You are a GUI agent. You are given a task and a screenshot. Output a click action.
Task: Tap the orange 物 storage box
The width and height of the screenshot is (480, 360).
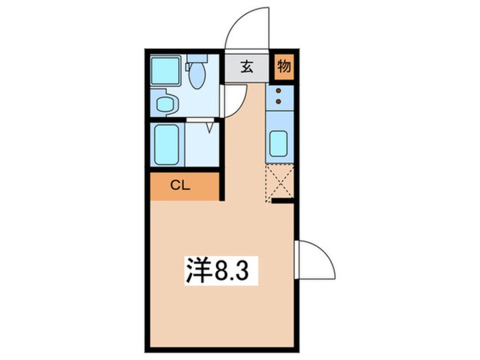coord(284,68)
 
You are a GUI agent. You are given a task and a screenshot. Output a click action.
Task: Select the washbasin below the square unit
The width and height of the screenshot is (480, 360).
coord(166,103)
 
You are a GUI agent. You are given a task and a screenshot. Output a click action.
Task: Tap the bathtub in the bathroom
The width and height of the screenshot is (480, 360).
coord(168,144)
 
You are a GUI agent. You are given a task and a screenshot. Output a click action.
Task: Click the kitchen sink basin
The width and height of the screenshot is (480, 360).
coord(279,143)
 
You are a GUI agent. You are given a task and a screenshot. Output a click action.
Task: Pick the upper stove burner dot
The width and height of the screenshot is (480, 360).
coord(279,91)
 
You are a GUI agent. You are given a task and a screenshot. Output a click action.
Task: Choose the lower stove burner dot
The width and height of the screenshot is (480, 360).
coord(279,101)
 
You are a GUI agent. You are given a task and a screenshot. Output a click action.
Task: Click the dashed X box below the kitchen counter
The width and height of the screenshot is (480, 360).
coord(279,180)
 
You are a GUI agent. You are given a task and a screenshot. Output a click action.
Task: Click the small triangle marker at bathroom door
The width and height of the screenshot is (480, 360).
coord(211,125)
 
